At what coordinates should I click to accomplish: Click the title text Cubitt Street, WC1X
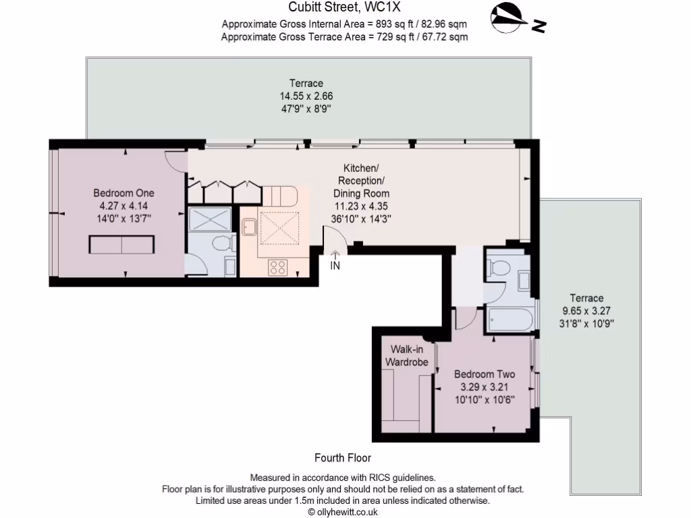tap(345, 8)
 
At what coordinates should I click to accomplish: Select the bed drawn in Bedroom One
tap(122, 245)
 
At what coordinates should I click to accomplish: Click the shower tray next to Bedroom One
tap(209, 220)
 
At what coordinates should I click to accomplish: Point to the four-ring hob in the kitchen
tap(277, 266)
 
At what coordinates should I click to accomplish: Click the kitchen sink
tap(248, 227)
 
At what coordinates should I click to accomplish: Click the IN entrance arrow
tap(335, 260)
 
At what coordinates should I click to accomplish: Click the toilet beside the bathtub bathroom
tap(498, 268)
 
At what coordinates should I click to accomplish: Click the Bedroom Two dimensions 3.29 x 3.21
tap(484, 387)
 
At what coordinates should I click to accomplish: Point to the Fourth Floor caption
tap(343, 458)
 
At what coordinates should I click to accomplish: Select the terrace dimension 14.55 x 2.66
tap(306, 96)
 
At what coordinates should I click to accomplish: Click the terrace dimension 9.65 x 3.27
tap(586, 311)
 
